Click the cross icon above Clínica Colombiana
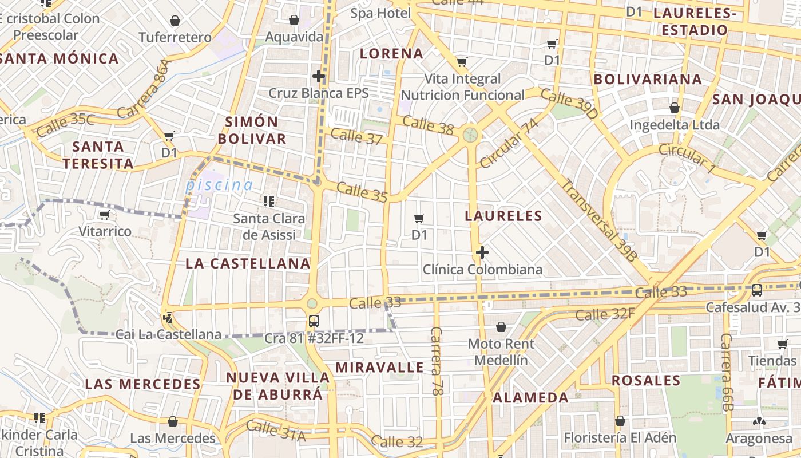(x=482, y=252)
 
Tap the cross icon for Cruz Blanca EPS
(x=319, y=76)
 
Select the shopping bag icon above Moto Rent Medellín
(x=501, y=327)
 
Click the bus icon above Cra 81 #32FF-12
(x=314, y=321)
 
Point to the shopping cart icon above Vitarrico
(x=104, y=215)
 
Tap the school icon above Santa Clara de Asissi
(x=268, y=201)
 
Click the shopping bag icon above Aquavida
(x=294, y=21)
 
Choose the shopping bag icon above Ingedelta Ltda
(x=674, y=107)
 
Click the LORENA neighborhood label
(x=391, y=54)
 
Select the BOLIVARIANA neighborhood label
(x=648, y=79)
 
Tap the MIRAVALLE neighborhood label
(x=380, y=367)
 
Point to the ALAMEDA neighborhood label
(x=530, y=397)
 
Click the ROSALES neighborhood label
(x=646, y=380)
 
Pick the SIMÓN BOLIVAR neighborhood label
(x=252, y=130)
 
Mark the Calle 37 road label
(x=356, y=136)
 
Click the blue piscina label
(x=219, y=185)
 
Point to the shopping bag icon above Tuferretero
(x=175, y=21)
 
